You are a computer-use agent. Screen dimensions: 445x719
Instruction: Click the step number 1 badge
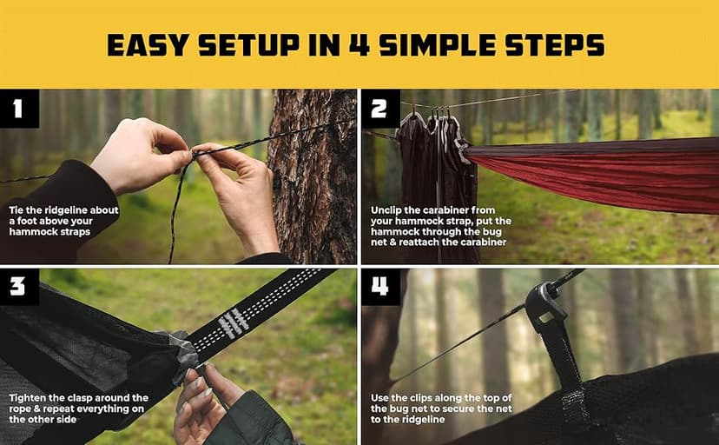[19, 109]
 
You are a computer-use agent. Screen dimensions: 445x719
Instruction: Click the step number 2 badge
[380, 109]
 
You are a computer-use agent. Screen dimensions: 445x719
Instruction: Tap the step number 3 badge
[19, 288]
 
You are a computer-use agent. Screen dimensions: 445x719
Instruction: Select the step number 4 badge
[380, 288]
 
